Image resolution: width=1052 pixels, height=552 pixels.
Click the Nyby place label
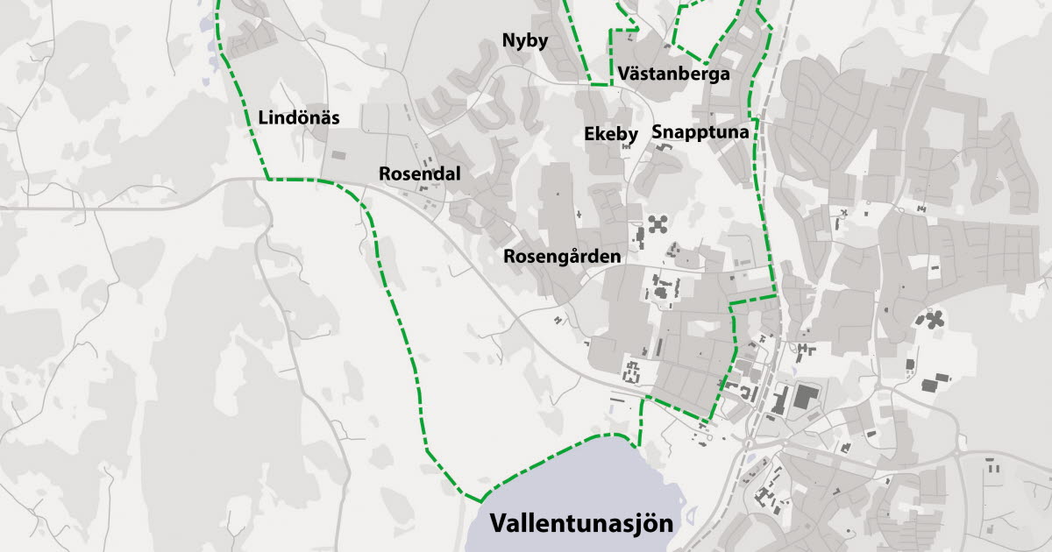524,40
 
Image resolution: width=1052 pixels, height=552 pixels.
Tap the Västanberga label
673,74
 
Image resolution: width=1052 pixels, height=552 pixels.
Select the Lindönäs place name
299,117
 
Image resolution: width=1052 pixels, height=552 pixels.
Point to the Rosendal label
419,173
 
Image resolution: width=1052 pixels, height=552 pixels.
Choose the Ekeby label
610,133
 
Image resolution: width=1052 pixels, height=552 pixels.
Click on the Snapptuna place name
700,132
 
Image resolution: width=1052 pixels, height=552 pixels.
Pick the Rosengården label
562,257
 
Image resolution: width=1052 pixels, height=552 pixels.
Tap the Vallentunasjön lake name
582,524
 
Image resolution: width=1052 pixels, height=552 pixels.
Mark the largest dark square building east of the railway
805,396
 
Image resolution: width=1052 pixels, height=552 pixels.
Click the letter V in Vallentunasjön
499,524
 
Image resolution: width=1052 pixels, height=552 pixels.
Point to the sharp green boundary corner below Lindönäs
267,179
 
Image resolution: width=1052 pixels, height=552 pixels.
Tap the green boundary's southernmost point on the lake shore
481,500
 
